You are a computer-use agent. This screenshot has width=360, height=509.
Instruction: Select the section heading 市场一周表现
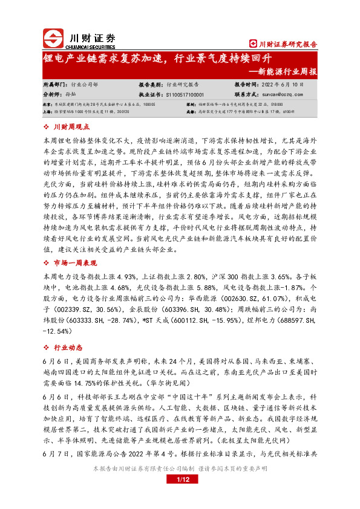coord(74,264)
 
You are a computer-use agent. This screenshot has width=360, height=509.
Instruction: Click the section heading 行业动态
coord(67,348)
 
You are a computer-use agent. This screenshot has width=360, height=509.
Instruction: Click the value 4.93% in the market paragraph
coord(131,276)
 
